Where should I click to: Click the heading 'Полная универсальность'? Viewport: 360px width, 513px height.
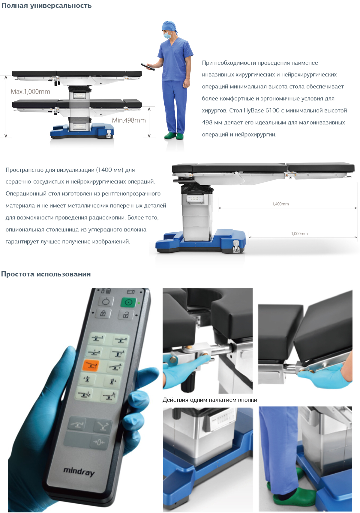(46, 5)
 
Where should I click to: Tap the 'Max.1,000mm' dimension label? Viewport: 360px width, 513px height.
(31, 92)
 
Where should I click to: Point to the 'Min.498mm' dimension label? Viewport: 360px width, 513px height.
(129, 120)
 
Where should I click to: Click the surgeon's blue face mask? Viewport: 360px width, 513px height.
(167, 35)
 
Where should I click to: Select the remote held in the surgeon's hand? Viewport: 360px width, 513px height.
(148, 67)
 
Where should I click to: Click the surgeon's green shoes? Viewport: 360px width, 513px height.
(174, 136)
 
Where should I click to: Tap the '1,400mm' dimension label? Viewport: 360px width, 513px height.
(280, 204)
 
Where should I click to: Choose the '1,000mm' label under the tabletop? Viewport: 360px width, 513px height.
(299, 234)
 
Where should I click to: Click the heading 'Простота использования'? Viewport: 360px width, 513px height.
(46, 274)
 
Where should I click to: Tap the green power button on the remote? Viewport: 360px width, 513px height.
(128, 303)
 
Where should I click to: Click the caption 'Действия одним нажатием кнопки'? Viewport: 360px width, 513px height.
(210, 400)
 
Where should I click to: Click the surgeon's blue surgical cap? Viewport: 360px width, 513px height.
(169, 26)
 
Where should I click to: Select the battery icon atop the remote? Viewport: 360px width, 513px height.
(130, 292)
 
